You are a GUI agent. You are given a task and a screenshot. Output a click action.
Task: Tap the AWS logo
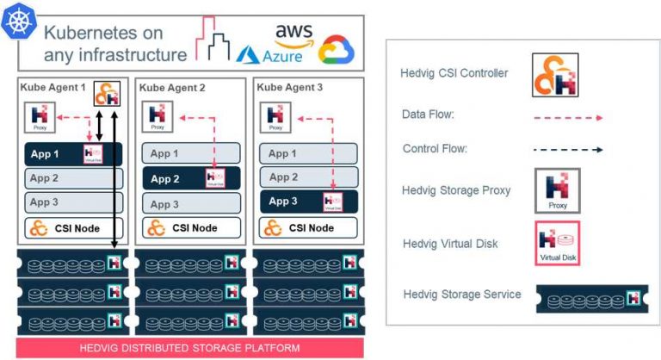pos(293,33)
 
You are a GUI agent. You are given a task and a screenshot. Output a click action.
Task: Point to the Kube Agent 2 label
pos(171,88)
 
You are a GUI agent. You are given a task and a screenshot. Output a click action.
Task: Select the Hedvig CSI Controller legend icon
pos(555,75)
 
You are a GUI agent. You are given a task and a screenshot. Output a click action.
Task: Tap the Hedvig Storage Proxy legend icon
pos(557,190)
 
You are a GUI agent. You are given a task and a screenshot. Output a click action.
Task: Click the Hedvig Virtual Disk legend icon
pos(557,243)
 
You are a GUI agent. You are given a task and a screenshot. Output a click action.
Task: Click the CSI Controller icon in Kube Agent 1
pos(106,94)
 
